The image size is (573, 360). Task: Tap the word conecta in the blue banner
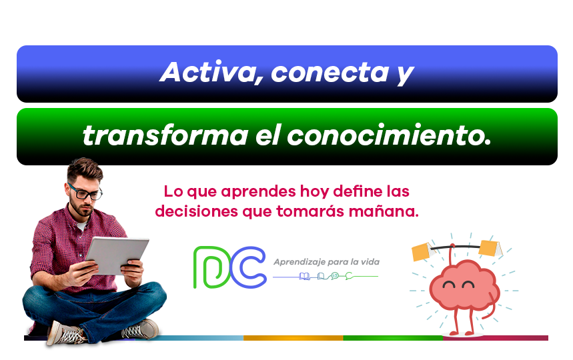coord(330,72)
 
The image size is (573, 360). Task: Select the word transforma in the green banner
coord(165,135)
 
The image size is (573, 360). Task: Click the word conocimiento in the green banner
coord(389,135)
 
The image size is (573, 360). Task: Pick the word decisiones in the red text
coord(196,211)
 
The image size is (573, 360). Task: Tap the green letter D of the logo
coord(212,267)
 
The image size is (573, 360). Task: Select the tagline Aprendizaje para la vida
coord(327,262)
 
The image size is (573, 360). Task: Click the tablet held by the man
coord(117,255)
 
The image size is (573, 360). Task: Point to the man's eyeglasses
coord(85,192)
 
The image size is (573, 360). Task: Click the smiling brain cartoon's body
coord(464,285)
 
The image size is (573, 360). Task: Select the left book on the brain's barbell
coord(422,251)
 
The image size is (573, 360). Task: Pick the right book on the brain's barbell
coord(490,248)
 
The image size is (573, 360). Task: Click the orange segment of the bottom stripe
coord(293,338)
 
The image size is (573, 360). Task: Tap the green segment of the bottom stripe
coord(393,338)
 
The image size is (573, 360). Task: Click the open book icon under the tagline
coord(304,277)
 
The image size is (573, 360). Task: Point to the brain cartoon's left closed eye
coord(449,285)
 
